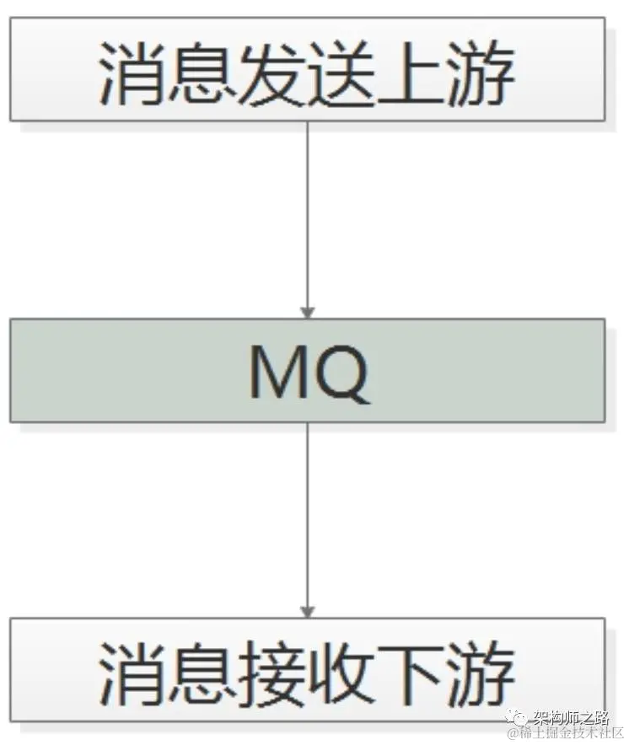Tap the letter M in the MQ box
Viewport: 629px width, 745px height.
pyautogui.click(x=280, y=372)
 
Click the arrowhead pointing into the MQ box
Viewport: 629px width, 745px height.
pyautogui.click(x=307, y=312)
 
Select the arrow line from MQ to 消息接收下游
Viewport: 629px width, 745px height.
pyautogui.click(x=307, y=514)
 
